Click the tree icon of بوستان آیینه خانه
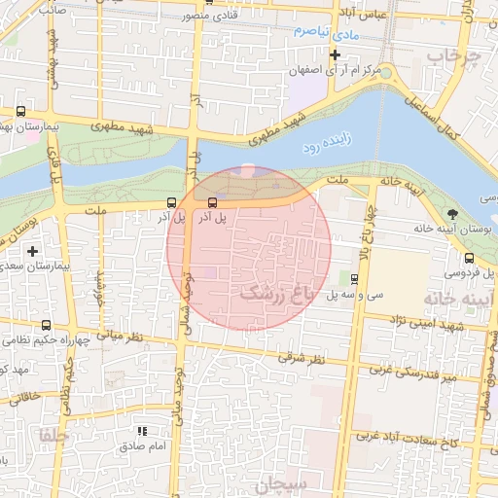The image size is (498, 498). [x=450, y=214]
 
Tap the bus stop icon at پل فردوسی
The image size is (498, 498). [x=471, y=259]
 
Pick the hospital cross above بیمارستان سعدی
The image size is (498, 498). [x=32, y=251]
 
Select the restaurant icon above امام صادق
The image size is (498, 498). [x=142, y=431]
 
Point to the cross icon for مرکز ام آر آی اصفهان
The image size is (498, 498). [x=335, y=54]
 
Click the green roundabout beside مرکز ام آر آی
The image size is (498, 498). [x=385, y=72]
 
